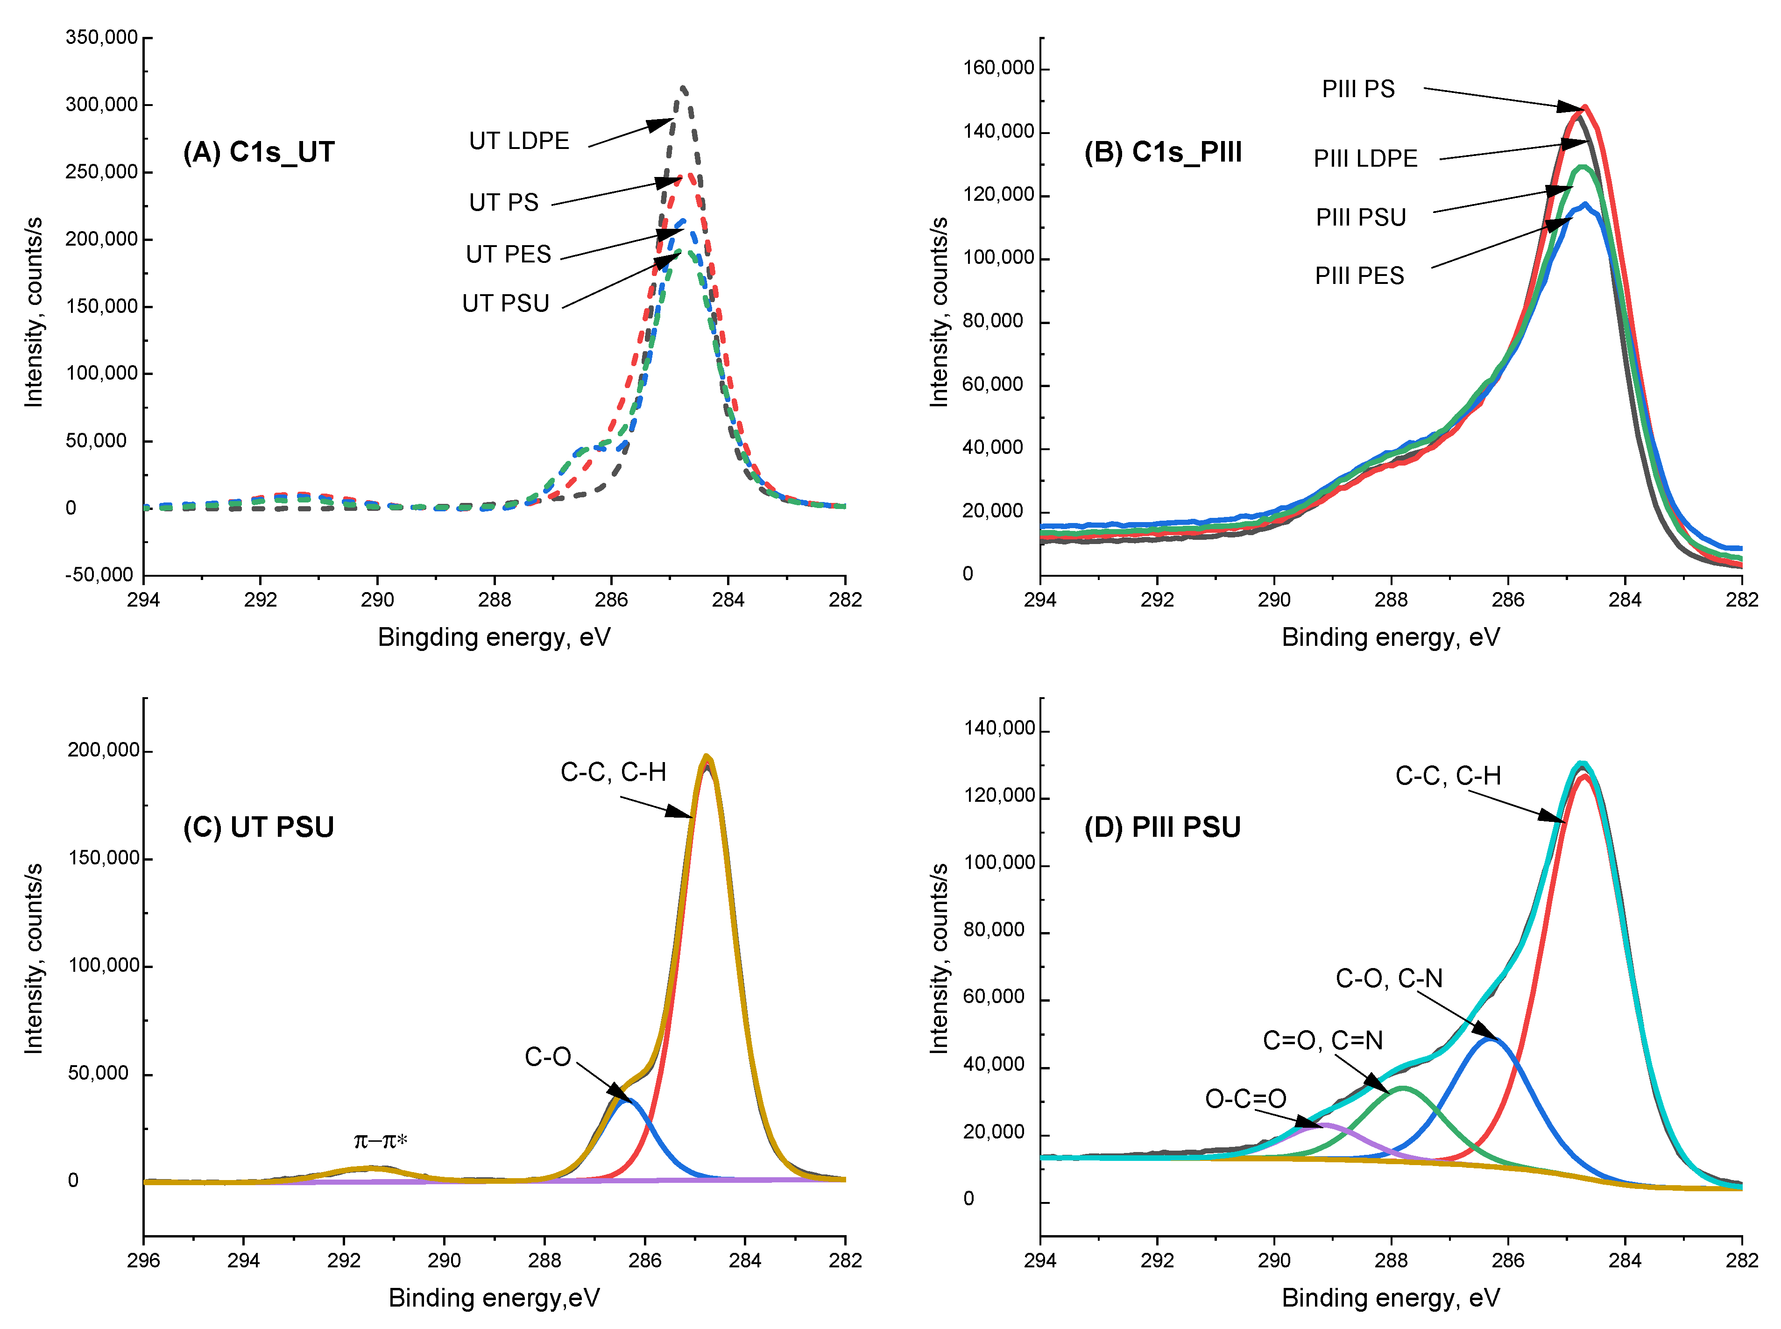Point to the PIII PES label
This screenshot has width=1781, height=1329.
tap(1359, 276)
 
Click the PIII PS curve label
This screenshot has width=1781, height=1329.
tap(1358, 89)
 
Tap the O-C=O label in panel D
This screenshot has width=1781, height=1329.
tap(1245, 1098)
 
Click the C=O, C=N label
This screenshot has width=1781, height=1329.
tap(1322, 1040)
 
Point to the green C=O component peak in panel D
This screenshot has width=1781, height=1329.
tap(1402, 1088)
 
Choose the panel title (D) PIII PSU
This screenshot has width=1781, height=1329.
tap(1162, 827)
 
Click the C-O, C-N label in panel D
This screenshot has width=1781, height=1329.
tap(1388, 978)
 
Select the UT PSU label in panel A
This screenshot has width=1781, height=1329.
tap(505, 303)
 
